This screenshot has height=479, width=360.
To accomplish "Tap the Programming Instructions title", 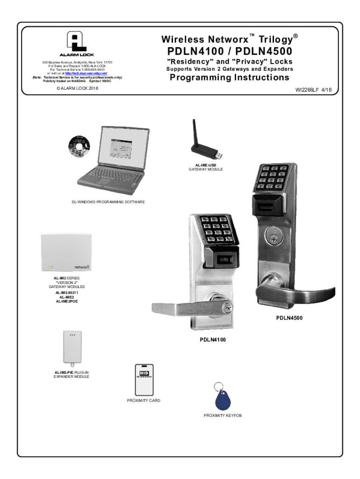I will [x=230, y=78].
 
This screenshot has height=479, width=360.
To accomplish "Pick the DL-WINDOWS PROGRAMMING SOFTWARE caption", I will [x=105, y=202].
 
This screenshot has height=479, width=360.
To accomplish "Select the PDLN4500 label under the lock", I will [x=289, y=318].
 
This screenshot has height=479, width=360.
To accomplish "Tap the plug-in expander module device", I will [x=72, y=348].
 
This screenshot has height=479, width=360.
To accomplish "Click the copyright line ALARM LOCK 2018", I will [x=75, y=88].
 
